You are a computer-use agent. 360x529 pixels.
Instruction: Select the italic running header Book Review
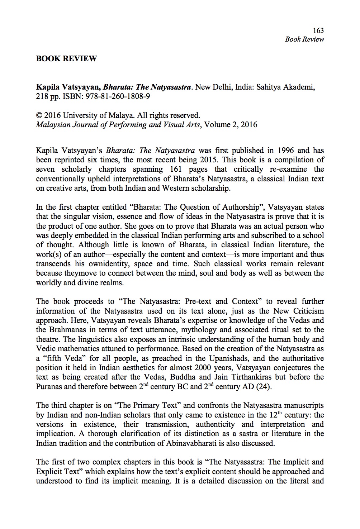coord(304,39)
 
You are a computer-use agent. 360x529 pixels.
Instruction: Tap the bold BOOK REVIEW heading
coord(66,58)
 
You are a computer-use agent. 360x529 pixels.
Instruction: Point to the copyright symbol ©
coord(39,116)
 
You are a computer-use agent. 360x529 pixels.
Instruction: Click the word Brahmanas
coord(65,330)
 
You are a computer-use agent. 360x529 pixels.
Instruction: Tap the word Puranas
coord(50,387)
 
